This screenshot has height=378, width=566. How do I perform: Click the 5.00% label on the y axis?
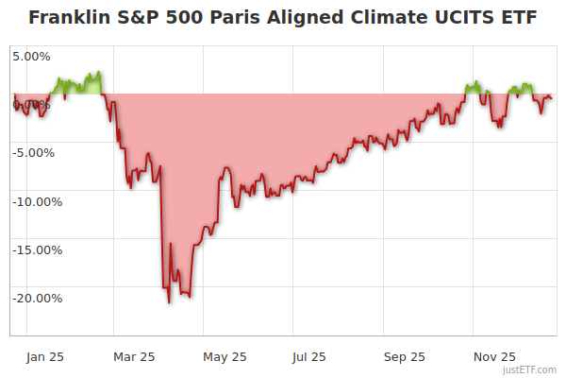coord(32,56)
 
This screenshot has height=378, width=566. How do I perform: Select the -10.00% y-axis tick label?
coord(36,201)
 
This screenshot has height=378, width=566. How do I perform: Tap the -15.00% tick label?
coord(36,250)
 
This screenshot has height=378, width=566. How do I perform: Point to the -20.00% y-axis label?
coord(36,299)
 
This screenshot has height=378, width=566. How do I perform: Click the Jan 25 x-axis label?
coord(45,356)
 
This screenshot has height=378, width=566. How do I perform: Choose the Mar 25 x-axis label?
coord(133,356)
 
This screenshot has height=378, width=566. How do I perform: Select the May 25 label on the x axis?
coord(225,356)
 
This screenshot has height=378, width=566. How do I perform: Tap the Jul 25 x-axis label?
coord(309,356)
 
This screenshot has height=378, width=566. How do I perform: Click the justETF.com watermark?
coord(530,369)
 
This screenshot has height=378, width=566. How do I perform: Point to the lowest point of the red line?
coord(169,302)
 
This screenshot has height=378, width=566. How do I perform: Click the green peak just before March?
coord(98,72)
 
